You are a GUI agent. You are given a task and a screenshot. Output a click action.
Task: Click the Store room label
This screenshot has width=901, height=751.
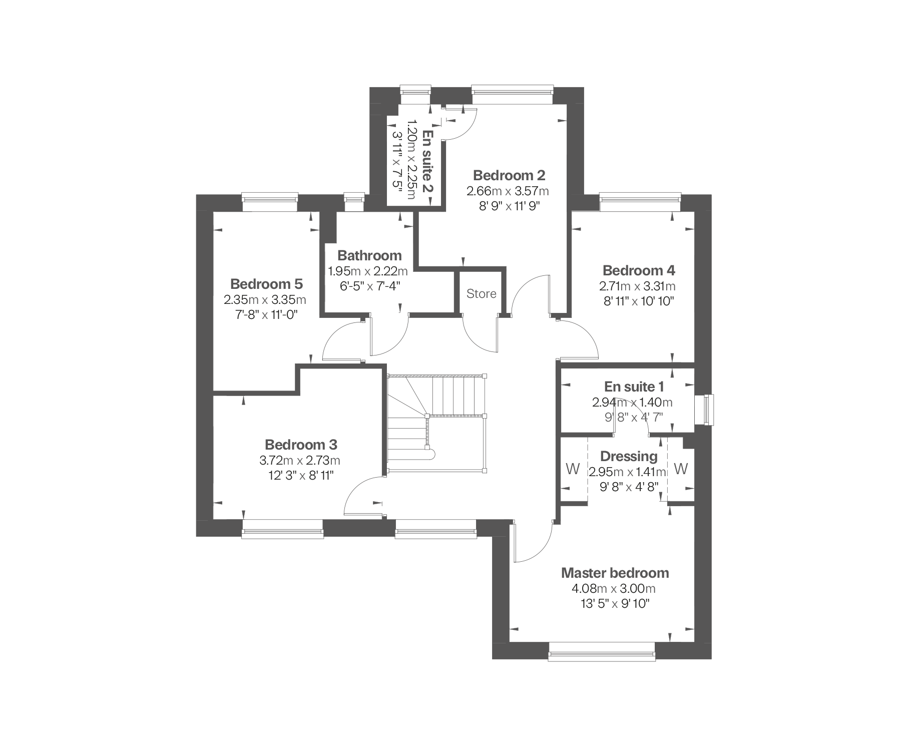tap(481, 294)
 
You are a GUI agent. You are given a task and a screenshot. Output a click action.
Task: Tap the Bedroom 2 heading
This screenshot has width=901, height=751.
tap(509, 175)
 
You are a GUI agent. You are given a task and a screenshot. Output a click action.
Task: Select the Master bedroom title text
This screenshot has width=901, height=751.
tap(615, 573)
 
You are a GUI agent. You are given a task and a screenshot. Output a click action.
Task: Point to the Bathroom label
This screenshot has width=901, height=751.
tap(369, 256)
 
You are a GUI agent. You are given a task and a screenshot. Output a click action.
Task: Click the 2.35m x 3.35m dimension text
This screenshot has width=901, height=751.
tap(265, 300)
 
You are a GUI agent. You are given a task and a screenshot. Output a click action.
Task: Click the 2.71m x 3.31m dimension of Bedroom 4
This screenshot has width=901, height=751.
tap(637, 286)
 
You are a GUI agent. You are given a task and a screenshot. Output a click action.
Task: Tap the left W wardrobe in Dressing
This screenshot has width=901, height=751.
tap(573, 470)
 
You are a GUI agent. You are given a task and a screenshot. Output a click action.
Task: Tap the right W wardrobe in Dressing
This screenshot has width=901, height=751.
tap(681, 470)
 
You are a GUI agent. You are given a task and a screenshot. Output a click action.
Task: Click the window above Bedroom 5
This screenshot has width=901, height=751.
tap(270, 197)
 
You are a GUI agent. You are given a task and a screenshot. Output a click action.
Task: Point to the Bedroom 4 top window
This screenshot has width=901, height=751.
tap(641, 197)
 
